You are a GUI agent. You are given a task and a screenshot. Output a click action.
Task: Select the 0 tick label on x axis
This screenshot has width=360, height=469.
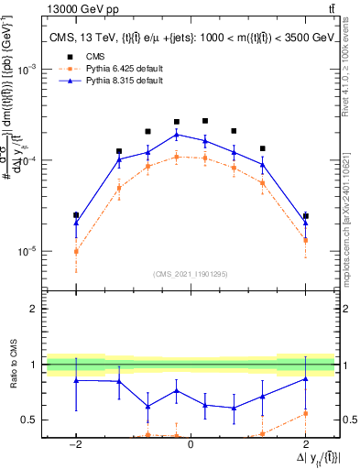click(x=191, y=444)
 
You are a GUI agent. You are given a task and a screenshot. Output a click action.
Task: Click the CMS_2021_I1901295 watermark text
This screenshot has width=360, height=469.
click(x=191, y=274)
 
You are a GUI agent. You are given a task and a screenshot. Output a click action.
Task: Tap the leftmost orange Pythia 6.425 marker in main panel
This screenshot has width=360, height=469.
click(x=76, y=251)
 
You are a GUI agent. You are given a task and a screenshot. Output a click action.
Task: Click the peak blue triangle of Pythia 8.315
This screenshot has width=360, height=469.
click(x=177, y=135)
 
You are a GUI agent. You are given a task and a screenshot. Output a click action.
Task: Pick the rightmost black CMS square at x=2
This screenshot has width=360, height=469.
click(x=306, y=216)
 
